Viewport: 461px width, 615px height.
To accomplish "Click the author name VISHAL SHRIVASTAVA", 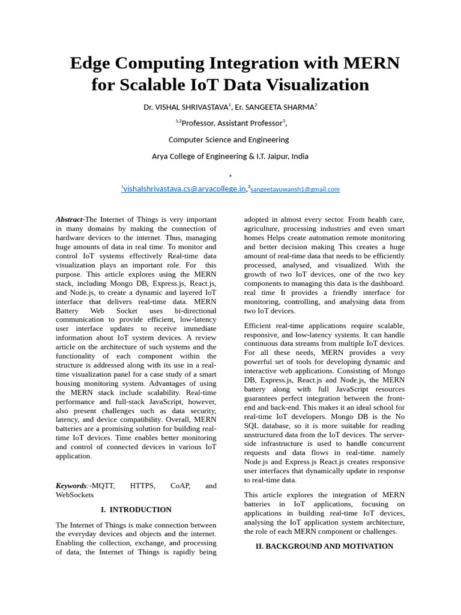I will (192, 108).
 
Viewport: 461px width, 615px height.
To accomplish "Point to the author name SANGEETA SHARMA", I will (279, 108).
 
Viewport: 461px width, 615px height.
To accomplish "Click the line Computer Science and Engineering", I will (229, 139).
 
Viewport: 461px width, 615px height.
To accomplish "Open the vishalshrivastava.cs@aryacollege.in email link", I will (184, 189).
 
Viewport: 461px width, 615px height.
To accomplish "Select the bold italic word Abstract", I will (70, 220).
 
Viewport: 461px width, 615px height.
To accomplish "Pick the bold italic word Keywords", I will (71, 486).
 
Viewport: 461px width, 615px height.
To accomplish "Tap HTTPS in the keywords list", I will (142, 486).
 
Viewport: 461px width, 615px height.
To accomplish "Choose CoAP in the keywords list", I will (180, 486).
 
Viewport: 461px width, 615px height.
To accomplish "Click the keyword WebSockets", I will (75, 495).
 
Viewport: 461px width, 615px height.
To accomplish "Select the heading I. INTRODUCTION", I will (136, 510).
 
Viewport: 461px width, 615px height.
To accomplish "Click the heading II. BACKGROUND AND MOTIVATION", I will (324, 547).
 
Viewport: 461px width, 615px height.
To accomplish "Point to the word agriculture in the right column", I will (264, 229).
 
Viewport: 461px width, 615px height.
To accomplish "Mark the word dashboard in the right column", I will (385, 283).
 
